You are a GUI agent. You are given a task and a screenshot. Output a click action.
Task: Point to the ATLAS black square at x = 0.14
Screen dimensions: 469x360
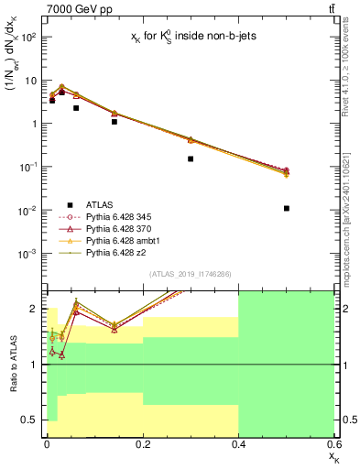[114, 121]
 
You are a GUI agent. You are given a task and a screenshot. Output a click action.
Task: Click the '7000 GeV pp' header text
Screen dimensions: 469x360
[69, 8]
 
